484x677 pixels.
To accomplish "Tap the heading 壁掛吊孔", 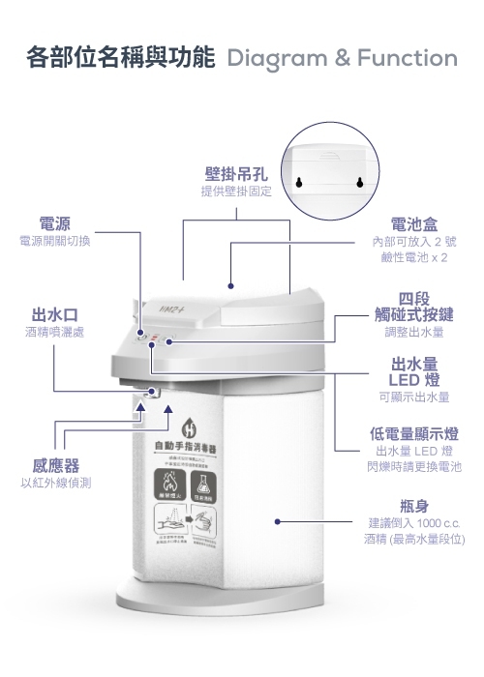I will [x=235, y=175].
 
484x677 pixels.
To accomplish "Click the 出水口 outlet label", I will [x=55, y=315].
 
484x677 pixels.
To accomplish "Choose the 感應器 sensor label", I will [x=55, y=465].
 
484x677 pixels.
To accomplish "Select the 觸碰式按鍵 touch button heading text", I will [x=414, y=315].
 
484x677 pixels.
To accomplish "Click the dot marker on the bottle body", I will [x=277, y=521].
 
